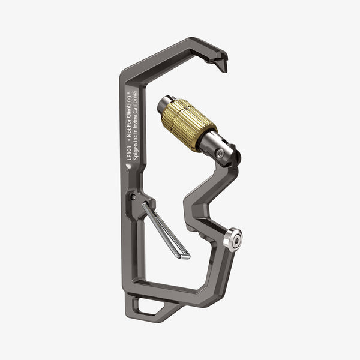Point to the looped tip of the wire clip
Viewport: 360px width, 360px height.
coord(184,256)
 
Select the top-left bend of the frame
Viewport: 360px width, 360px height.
coord(125,75)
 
